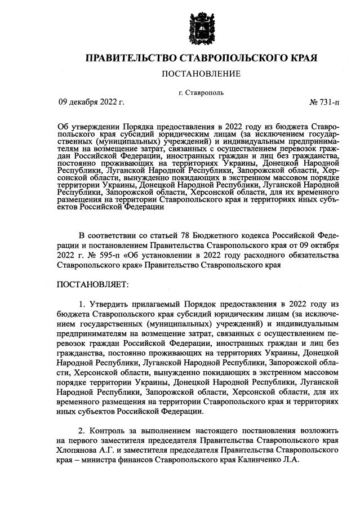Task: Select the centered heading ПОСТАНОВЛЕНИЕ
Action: coord(201,74)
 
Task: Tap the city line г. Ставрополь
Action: coord(201,92)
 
